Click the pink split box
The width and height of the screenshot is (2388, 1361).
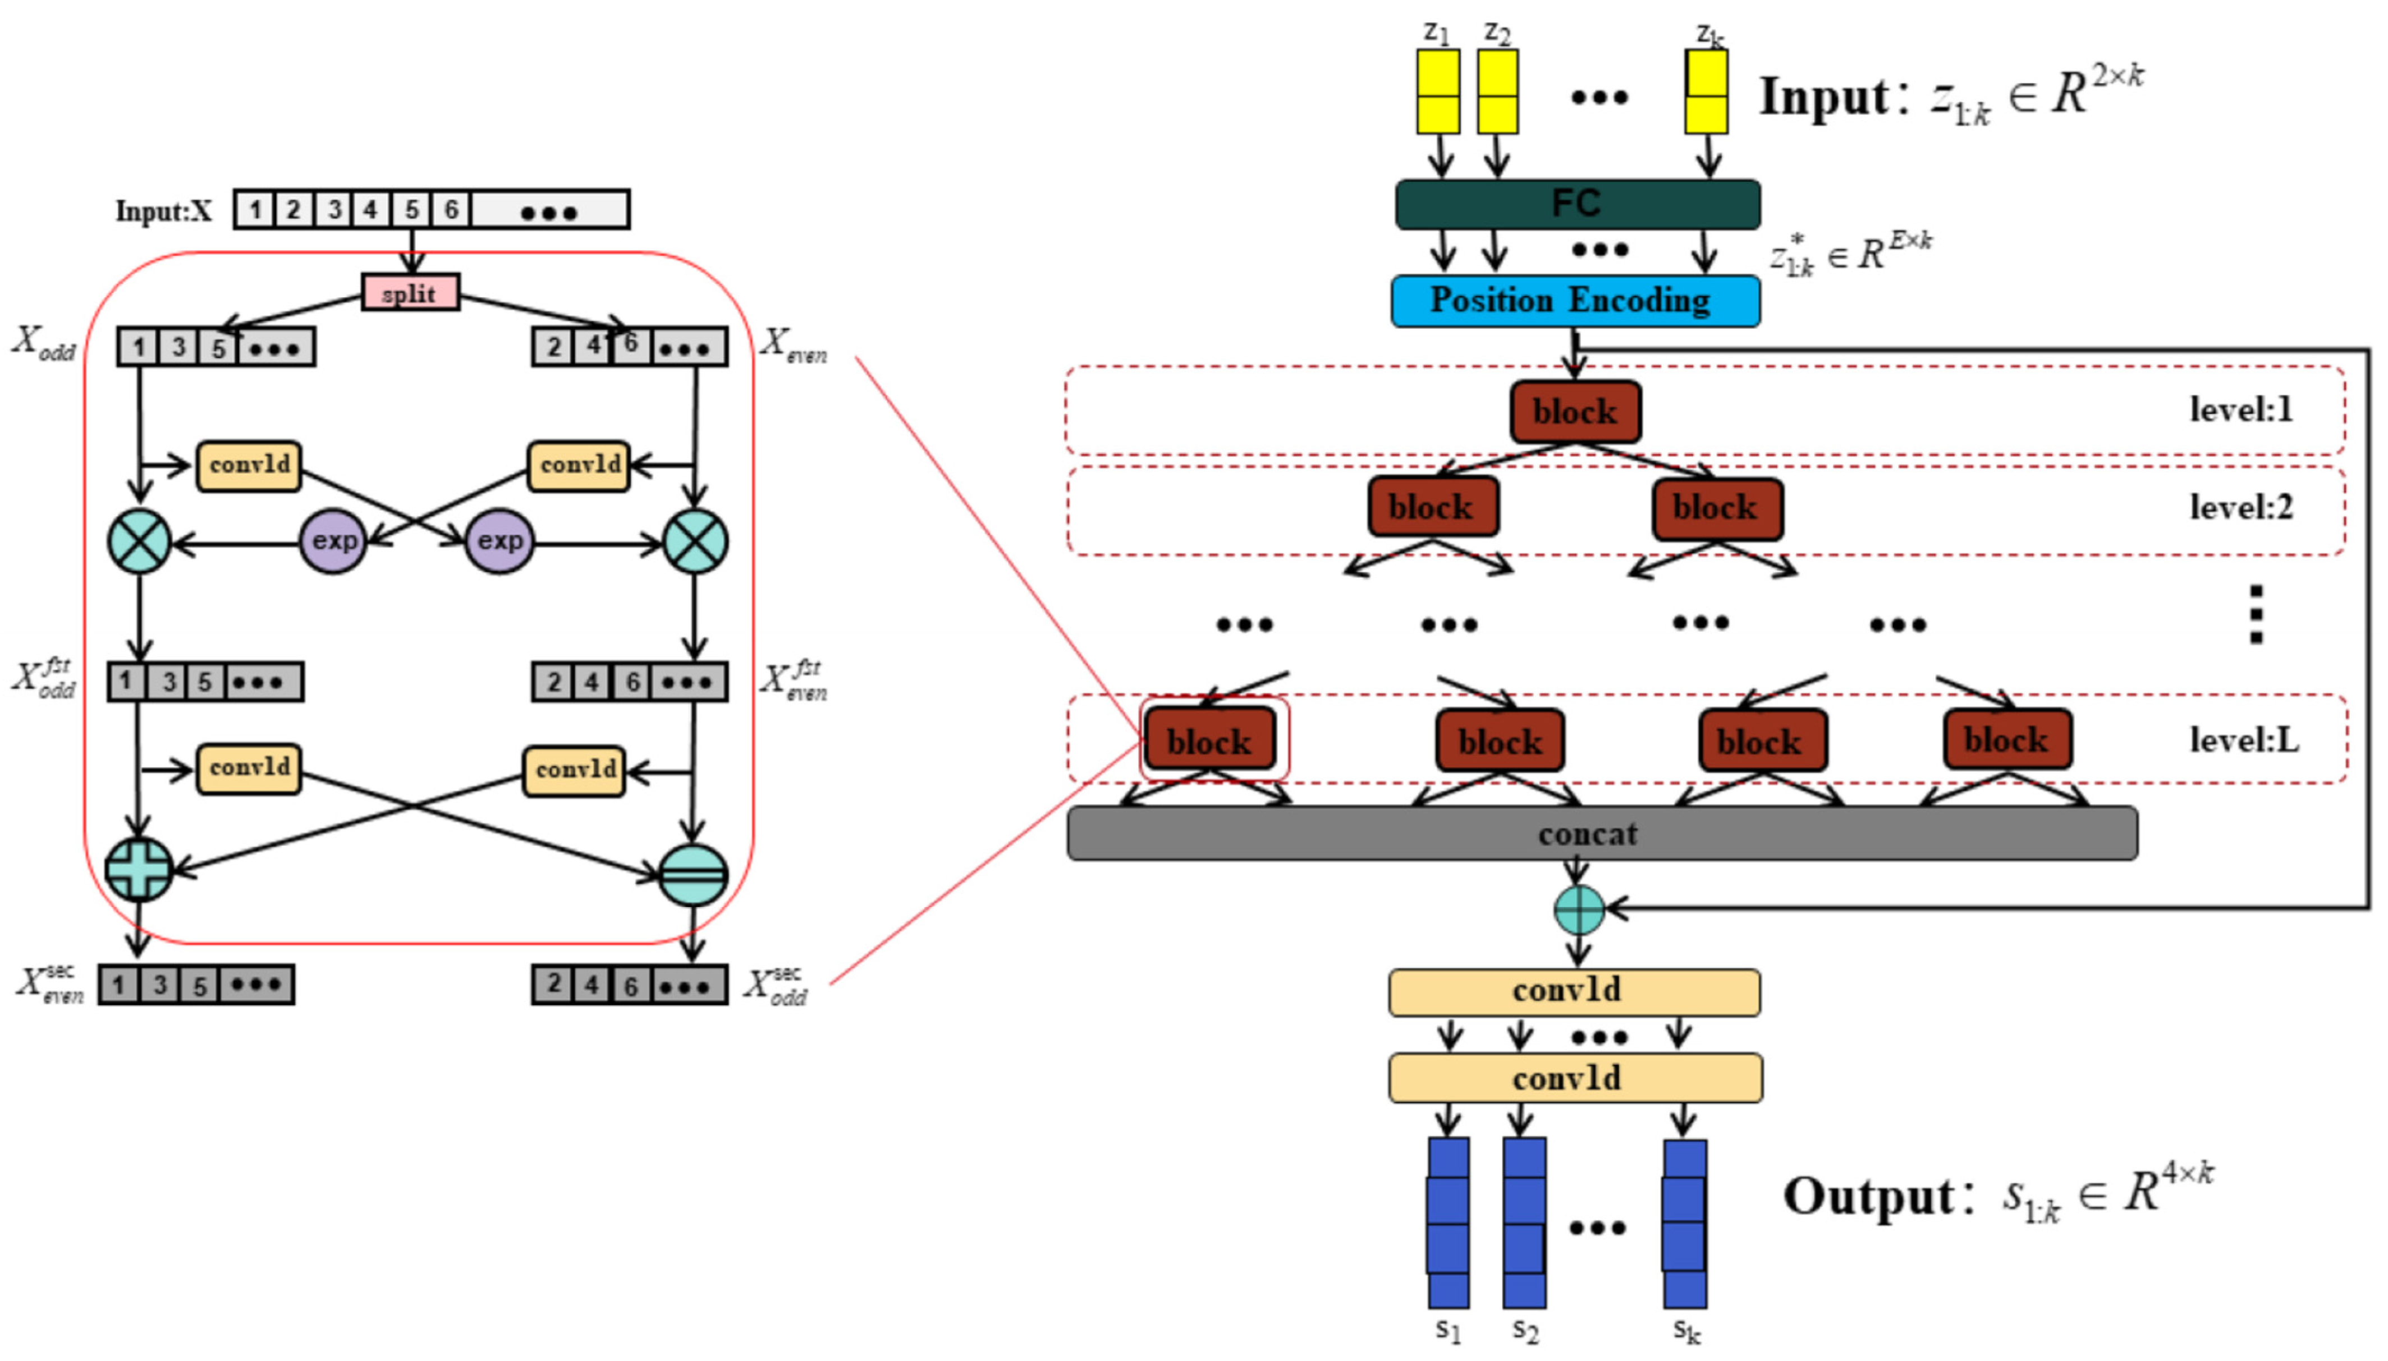[410, 293]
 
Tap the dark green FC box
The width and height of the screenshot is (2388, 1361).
[1576, 204]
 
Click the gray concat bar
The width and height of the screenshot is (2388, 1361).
[1601, 833]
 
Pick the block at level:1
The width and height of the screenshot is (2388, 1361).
[1575, 411]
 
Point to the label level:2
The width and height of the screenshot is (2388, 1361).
[2240, 508]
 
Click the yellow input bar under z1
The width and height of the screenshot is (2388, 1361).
[1437, 91]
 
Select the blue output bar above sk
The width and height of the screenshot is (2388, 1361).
[1684, 1222]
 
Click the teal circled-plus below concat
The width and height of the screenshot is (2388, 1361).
[1578, 909]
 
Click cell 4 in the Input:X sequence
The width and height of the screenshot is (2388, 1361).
[371, 209]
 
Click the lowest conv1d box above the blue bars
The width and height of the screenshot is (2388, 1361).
[1575, 1078]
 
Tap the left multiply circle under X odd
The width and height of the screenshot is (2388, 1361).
[139, 541]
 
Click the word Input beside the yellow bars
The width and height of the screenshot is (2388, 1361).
[1823, 96]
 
